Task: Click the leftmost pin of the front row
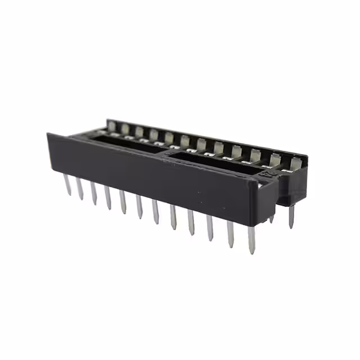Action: coord(67,184)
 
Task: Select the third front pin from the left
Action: coord(94,193)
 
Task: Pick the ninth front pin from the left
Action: coord(191,222)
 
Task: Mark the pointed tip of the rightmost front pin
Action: coord(251,253)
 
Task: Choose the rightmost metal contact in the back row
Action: coord(294,163)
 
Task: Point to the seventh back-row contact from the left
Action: coord(201,143)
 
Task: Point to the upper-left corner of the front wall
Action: coord(49,135)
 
